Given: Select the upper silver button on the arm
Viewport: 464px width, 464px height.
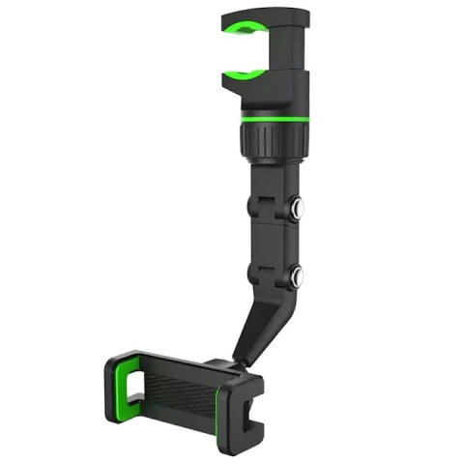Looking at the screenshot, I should [x=299, y=207].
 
